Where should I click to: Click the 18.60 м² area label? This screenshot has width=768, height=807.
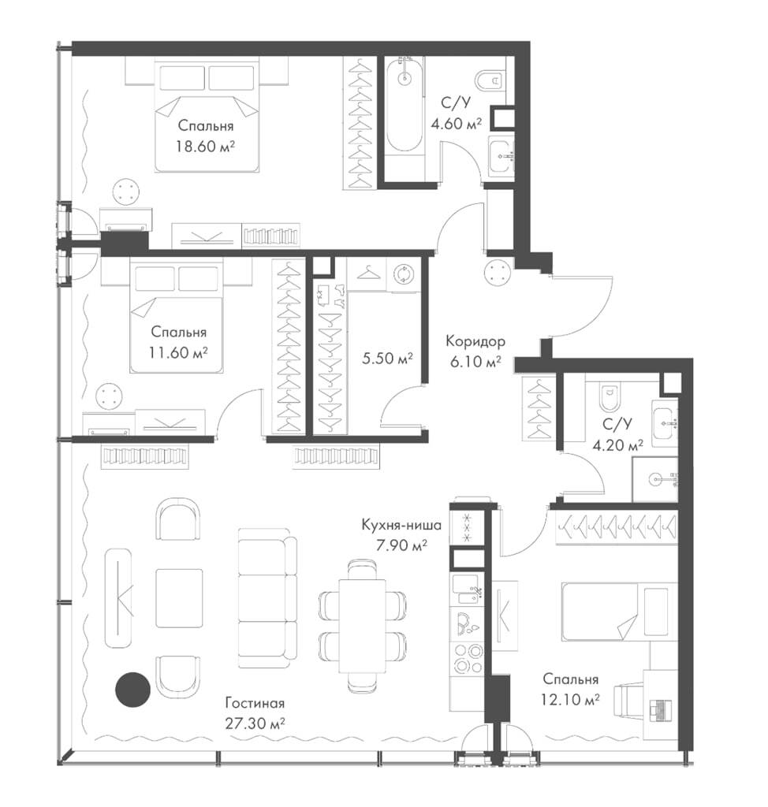point(205,147)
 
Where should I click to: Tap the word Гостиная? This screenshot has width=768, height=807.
point(255,702)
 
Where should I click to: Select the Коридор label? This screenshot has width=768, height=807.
point(475,340)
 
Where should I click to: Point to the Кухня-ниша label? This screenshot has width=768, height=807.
point(401,525)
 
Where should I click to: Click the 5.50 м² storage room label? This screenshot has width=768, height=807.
point(387,358)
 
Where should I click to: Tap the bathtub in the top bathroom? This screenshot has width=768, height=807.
point(405,105)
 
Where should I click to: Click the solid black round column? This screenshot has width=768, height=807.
point(132,689)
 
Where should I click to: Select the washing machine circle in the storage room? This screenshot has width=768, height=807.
point(403,273)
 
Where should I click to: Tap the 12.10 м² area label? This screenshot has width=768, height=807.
point(570,700)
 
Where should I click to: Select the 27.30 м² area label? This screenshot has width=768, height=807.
point(255,723)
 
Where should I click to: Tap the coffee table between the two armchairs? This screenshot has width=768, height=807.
point(179,598)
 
